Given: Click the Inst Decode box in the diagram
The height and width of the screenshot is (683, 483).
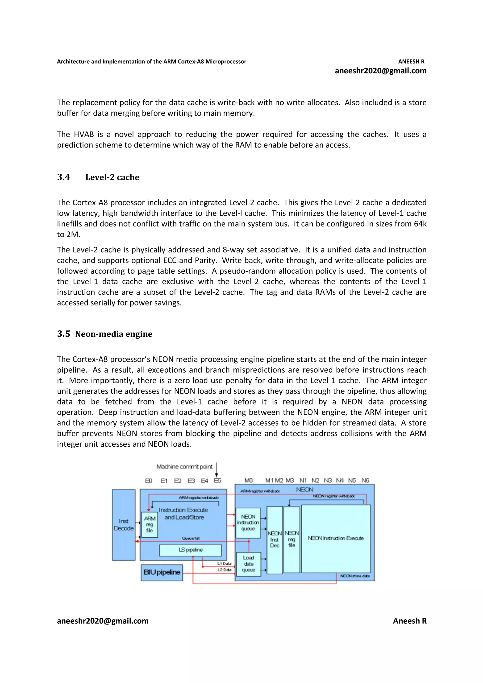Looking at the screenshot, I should (124, 525).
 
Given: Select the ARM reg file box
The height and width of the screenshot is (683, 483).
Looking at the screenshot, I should (149, 524).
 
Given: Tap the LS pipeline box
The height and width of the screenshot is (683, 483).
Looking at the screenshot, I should (191, 550).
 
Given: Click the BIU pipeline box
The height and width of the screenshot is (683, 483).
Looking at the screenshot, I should (162, 572).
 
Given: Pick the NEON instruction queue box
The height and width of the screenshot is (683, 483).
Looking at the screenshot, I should (248, 523).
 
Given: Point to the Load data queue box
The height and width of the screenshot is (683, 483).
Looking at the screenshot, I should (249, 564).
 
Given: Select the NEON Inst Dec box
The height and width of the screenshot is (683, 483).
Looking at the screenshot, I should (274, 540).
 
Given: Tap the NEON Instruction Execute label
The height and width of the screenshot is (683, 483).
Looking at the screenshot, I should (336, 538).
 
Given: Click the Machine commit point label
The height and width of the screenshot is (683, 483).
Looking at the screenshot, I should (184, 466).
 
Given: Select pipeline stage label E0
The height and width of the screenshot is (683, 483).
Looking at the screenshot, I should (149, 481).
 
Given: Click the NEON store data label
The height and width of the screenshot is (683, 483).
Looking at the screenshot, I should (355, 576).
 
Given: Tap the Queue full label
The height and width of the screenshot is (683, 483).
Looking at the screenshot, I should (191, 538).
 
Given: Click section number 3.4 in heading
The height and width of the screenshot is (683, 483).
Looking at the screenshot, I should (63, 177).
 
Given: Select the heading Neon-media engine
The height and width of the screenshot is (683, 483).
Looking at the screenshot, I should (114, 334).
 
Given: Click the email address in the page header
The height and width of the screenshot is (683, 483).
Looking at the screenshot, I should (381, 71).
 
